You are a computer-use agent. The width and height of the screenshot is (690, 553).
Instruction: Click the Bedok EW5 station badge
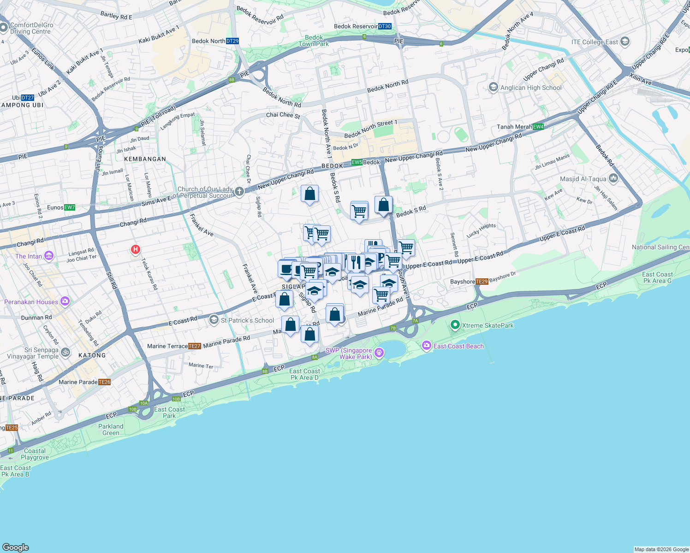coord(357,162)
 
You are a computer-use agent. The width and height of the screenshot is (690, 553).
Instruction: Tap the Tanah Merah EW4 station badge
coord(538,127)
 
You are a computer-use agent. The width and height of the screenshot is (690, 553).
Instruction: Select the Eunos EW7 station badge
coord(70,207)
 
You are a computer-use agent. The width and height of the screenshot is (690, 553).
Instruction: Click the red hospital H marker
coord(135,250)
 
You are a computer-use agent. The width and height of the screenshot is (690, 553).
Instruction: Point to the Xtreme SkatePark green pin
coord(455,325)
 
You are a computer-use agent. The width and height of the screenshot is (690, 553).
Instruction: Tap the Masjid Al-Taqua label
coord(583,179)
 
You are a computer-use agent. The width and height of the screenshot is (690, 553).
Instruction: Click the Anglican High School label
coord(531,88)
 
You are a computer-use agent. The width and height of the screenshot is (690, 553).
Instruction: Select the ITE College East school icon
coord(625,42)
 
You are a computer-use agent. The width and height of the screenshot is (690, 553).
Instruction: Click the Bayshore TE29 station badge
coord(482,282)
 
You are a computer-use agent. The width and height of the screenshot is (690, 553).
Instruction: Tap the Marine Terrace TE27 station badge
coord(194,346)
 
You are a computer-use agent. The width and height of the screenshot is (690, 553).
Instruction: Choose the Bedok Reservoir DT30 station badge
coord(385,26)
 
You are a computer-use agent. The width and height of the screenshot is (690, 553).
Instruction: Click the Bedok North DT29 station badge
coord(232,41)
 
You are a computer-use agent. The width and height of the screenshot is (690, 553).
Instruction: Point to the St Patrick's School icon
coord(214,319)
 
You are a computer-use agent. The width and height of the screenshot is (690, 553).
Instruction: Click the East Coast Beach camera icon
coord(426,345)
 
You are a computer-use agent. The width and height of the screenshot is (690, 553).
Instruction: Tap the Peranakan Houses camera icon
coord(65,301)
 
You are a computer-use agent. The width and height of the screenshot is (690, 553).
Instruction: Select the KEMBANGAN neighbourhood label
coord(145,159)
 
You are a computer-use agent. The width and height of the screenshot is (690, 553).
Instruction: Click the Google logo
coord(16,547)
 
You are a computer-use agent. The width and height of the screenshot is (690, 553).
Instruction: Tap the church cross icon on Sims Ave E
coord(239,192)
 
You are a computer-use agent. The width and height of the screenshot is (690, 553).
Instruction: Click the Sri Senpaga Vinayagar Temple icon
coord(65,353)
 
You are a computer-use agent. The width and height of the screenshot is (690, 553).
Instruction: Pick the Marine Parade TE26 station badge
coord(105,382)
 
